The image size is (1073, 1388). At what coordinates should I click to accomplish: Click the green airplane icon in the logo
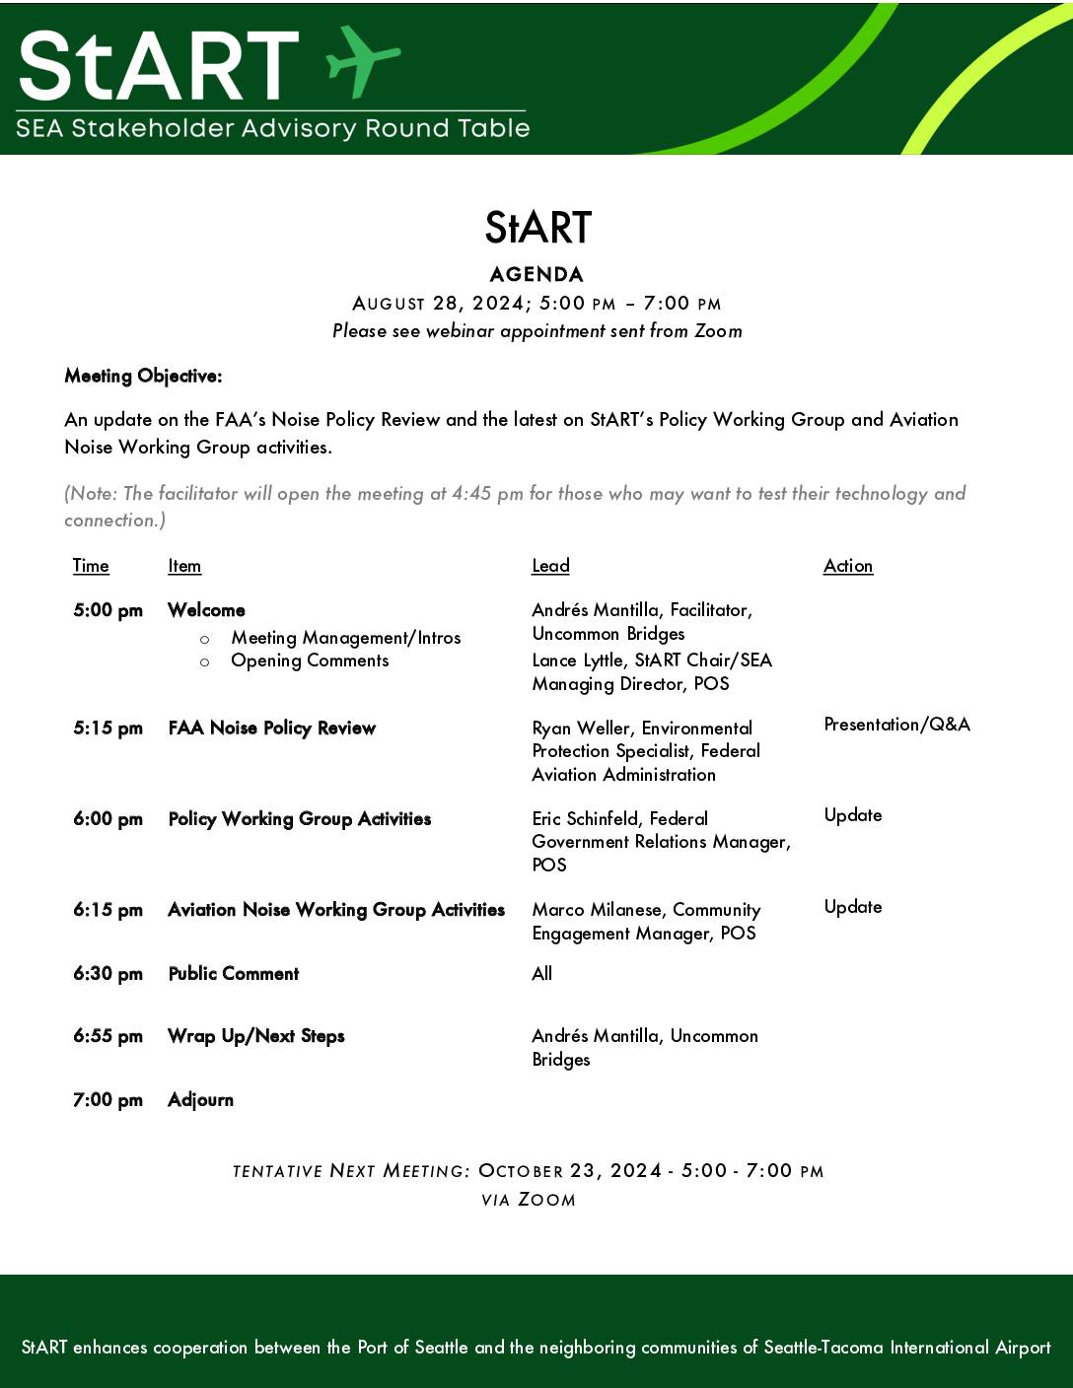pyautogui.click(x=362, y=60)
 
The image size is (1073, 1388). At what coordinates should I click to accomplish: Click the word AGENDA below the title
pyautogui.click(x=536, y=274)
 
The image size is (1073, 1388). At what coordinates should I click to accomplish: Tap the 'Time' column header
pyautogui.click(x=91, y=566)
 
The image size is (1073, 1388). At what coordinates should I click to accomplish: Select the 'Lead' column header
pyautogui.click(x=550, y=566)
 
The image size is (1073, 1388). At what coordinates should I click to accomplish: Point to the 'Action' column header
pyautogui.click(x=848, y=566)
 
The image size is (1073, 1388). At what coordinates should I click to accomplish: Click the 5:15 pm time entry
pyautogui.click(x=107, y=729)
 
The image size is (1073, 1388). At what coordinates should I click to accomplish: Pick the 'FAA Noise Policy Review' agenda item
pyautogui.click(x=272, y=729)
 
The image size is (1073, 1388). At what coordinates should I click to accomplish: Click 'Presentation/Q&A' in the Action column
pyautogui.click(x=896, y=725)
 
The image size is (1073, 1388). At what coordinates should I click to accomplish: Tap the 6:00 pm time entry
pyautogui.click(x=107, y=819)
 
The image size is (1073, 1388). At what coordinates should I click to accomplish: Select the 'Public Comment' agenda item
pyautogui.click(x=234, y=974)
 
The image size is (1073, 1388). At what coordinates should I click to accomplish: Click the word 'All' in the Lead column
pyautogui.click(x=541, y=974)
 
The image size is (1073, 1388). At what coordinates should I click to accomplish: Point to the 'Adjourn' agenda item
pyautogui.click(x=200, y=1100)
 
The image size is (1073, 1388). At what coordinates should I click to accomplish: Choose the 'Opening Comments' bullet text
pyautogui.click(x=310, y=660)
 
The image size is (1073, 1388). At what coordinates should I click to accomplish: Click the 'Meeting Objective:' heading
pyautogui.click(x=143, y=376)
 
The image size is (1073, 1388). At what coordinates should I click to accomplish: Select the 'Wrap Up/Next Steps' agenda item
pyautogui.click(x=256, y=1036)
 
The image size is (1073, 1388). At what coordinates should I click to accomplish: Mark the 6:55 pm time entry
pyautogui.click(x=107, y=1036)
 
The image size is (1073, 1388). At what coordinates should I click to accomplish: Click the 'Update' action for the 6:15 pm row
pyautogui.click(x=853, y=907)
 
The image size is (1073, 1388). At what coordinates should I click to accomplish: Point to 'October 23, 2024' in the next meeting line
pyautogui.click(x=569, y=1171)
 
